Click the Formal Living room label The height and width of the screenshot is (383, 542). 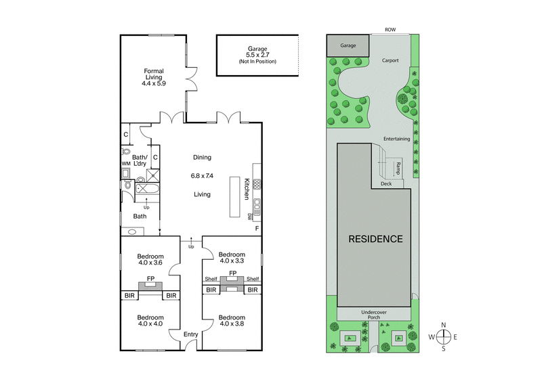(x=154, y=76)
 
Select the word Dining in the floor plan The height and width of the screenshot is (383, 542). (x=202, y=157)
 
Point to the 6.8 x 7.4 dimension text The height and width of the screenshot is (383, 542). (x=202, y=175)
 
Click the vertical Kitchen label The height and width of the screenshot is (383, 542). (x=247, y=189)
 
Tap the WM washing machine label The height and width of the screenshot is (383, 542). (x=125, y=164)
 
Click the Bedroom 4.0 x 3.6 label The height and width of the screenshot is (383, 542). (x=150, y=261)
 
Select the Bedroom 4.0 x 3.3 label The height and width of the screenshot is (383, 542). (x=231, y=257)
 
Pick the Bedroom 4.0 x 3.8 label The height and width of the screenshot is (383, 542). (x=231, y=321)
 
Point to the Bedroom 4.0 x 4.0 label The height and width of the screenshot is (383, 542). (x=150, y=321)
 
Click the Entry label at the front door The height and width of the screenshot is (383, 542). (x=191, y=334)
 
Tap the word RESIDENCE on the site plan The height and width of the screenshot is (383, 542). (x=375, y=239)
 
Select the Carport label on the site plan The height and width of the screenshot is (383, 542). (x=390, y=60)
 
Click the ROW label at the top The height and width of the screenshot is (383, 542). (x=390, y=29)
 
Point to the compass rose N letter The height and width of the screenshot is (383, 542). (x=443, y=325)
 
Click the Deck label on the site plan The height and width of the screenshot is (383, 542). (x=386, y=183)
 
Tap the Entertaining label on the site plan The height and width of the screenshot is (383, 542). (x=396, y=139)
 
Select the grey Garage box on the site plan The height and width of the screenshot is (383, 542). (x=348, y=45)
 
